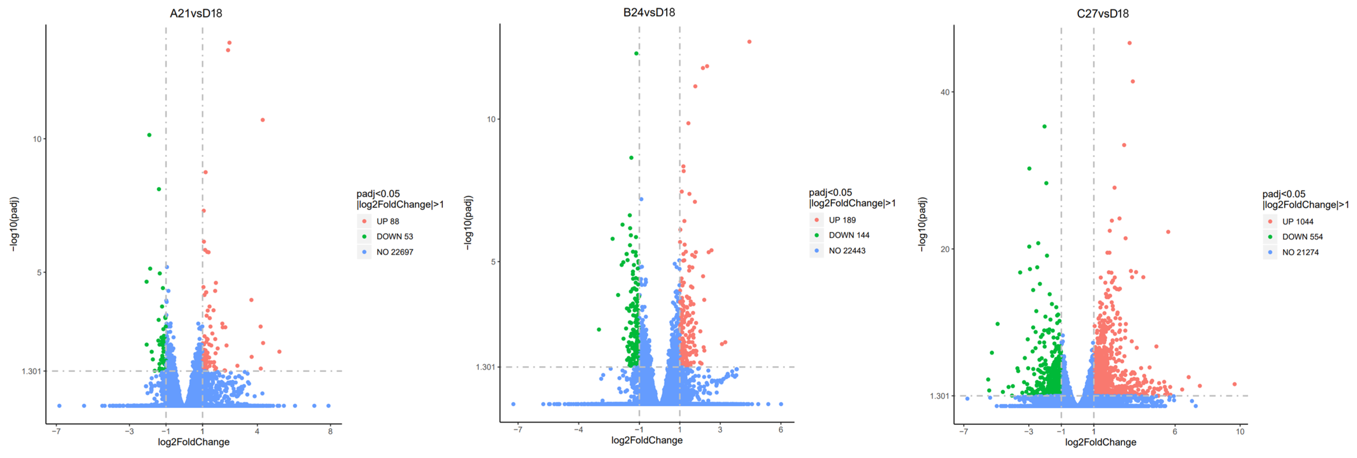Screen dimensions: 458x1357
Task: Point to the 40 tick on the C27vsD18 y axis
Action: [x=945, y=92]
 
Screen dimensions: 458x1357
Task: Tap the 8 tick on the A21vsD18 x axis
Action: [x=330, y=431]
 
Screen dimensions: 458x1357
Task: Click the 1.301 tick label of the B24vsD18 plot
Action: [x=485, y=367]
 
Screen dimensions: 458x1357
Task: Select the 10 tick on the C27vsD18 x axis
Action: [x=1240, y=431]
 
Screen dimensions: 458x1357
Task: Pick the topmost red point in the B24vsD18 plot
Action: [x=749, y=42]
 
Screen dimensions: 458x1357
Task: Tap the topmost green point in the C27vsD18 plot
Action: [x=1044, y=126]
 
